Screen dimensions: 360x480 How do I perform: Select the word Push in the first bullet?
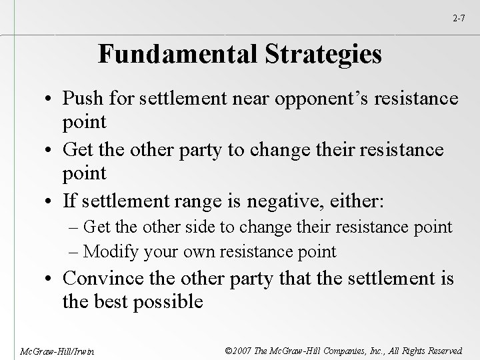pos(81,99)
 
